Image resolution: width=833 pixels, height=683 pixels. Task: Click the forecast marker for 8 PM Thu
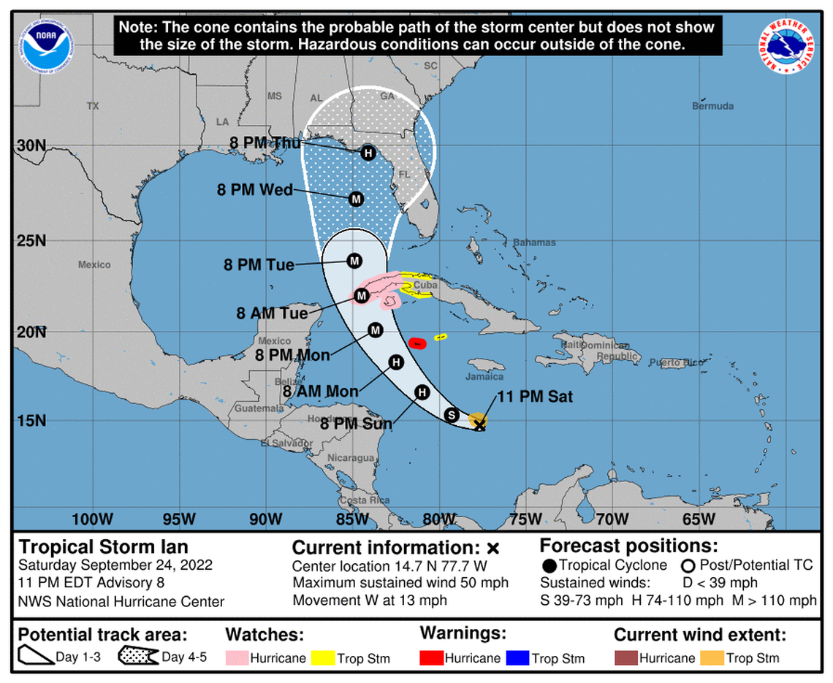(368, 153)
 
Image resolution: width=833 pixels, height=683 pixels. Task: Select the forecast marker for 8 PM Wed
(356, 199)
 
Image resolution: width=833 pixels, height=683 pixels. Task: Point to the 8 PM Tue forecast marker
(354, 261)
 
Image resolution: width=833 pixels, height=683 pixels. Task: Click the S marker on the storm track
(452, 415)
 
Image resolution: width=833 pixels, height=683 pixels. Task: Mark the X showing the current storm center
(479, 424)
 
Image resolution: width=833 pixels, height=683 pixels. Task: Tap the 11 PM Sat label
(535, 397)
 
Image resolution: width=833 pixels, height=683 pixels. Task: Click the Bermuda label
(712, 106)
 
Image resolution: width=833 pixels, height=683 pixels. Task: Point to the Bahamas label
(533, 243)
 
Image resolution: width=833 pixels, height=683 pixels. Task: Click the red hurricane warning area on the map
(417, 343)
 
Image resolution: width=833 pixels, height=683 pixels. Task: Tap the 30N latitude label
(31, 145)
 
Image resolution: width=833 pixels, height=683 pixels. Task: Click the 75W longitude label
(525, 519)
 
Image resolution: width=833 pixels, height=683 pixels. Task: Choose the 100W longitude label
(93, 519)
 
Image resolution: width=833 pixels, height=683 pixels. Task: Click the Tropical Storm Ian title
(103, 546)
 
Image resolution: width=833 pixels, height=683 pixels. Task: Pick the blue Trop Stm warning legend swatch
(520, 658)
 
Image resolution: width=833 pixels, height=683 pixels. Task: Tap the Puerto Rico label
(679, 362)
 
